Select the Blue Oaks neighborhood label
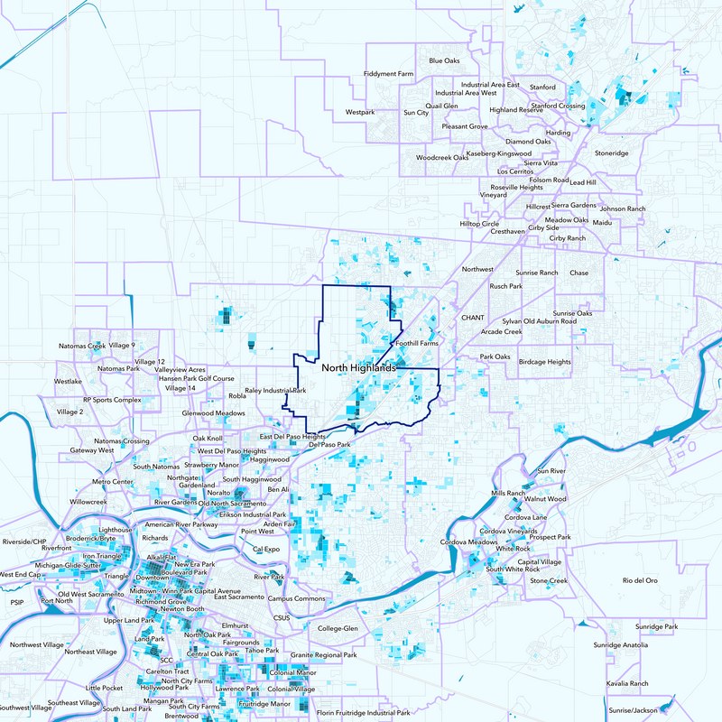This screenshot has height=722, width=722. click(x=444, y=60)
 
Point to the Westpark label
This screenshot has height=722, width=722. click(x=359, y=113)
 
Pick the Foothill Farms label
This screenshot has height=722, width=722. click(x=416, y=343)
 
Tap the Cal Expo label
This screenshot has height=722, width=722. click(x=266, y=549)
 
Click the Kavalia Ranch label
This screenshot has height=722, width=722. click(x=628, y=684)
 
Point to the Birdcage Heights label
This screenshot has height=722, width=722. click(x=544, y=362)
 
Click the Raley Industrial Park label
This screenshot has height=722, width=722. click(x=275, y=391)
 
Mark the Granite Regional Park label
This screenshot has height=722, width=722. click(x=323, y=655)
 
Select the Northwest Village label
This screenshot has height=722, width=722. click(x=38, y=645)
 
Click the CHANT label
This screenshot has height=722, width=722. click(x=473, y=318)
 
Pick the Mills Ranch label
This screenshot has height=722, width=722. click(x=508, y=494)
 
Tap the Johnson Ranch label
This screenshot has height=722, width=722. click(x=623, y=208)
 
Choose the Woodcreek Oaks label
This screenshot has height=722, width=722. click(x=442, y=157)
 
